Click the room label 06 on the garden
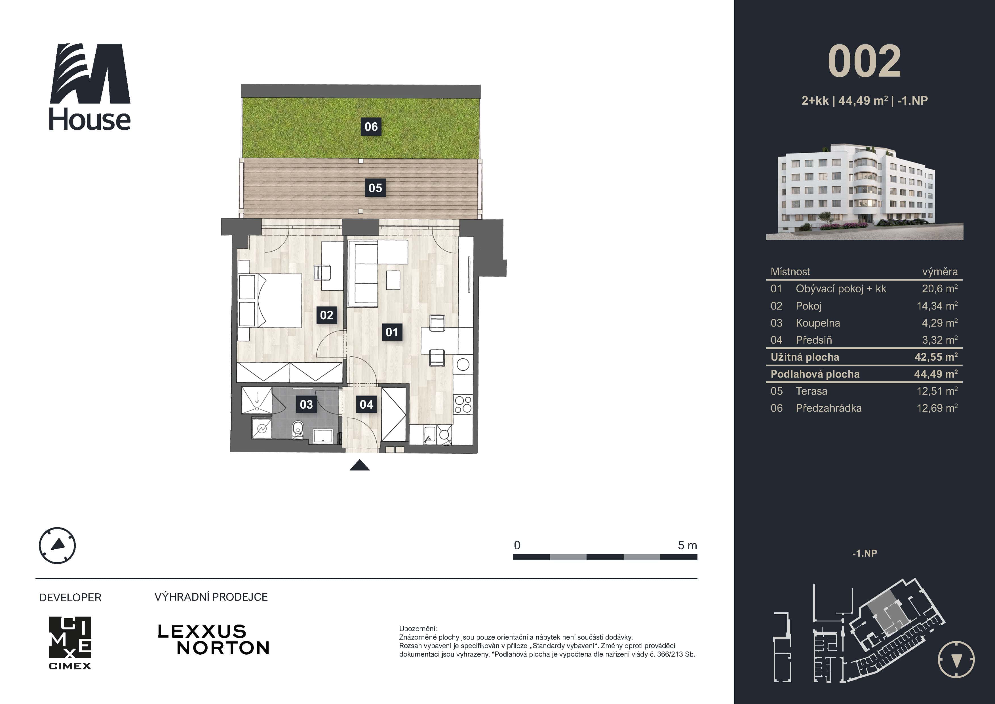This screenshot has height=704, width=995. click(371, 127)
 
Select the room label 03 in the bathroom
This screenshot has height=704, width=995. click(306, 404)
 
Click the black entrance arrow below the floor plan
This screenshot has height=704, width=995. click(359, 466)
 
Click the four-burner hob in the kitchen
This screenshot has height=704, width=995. click(463, 404)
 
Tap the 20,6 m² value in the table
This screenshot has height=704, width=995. click(939, 289)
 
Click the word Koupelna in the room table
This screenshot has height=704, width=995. click(817, 323)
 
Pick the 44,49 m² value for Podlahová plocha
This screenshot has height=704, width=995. click(935, 374)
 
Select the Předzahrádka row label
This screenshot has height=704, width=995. click(828, 408)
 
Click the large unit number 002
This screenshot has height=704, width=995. click(864, 62)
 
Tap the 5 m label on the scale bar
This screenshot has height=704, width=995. click(687, 545)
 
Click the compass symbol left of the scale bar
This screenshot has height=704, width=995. click(57, 545)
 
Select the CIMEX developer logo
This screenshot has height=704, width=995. click(70, 642)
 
